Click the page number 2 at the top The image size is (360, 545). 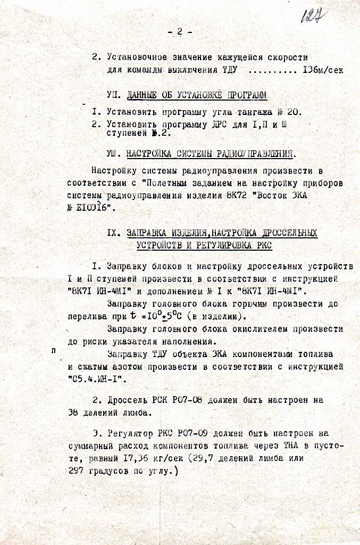(180, 32)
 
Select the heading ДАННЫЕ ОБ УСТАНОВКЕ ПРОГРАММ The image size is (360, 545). (197, 96)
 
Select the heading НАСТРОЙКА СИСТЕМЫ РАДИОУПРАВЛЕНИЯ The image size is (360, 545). (210, 154)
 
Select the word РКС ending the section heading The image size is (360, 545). (263, 245)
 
